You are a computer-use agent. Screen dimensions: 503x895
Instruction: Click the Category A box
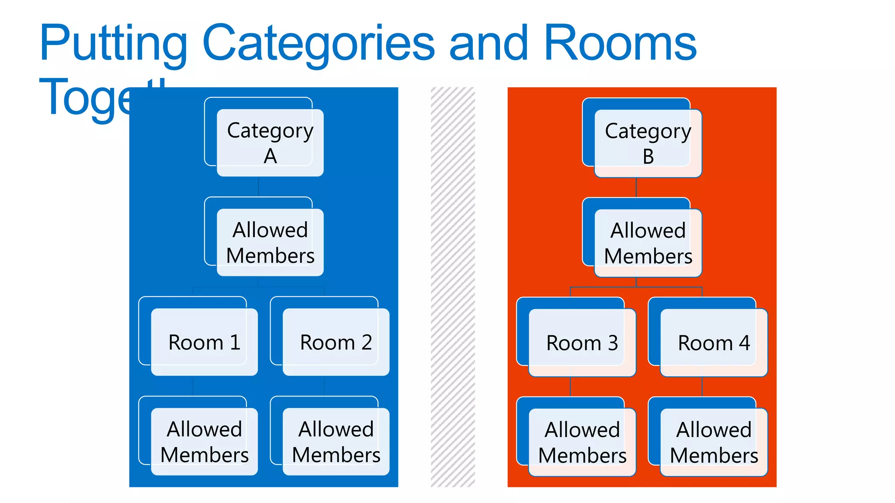[270, 143]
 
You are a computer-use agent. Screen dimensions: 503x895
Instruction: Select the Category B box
[648, 143]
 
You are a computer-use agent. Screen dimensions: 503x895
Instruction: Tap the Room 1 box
[204, 342]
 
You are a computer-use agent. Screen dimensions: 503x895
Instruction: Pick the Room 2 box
[336, 342]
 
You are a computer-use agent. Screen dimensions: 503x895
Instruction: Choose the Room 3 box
[582, 343]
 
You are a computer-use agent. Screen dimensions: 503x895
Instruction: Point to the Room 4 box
[714, 343]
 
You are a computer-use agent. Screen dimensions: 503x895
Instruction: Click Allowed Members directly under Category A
[270, 242]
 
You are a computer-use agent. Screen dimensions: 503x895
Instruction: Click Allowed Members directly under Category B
[648, 243]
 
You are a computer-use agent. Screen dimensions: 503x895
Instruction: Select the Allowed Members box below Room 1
[204, 441]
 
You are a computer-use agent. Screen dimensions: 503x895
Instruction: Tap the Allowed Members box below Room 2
[336, 441]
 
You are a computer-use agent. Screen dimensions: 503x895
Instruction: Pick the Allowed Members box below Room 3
[582, 442]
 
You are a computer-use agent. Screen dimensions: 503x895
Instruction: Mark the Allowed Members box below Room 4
[714, 442]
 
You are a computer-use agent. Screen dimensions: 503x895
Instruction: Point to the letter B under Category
[649, 157]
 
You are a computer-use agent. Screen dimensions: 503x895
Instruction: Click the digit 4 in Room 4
[744, 343]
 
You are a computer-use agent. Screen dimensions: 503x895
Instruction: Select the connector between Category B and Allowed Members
[636, 187]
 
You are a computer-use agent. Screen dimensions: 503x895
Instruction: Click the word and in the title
[489, 44]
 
